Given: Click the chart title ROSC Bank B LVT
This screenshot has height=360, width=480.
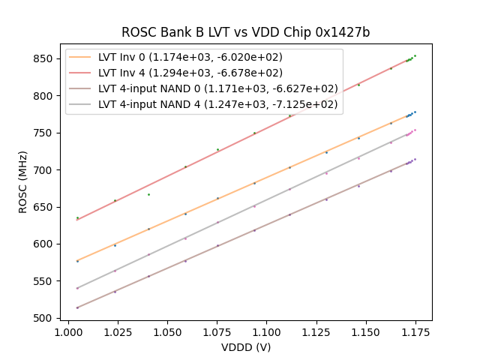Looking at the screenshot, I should (x=245, y=33).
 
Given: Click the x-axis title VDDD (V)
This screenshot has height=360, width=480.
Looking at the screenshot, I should (x=245, y=347).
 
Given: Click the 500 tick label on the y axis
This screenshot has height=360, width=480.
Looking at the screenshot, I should (x=46, y=318).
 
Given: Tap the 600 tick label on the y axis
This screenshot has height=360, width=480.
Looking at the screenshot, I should (x=46, y=244).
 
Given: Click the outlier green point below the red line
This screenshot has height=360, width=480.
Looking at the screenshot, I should (x=148, y=194).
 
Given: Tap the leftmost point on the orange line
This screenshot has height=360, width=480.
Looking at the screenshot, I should (x=77, y=261).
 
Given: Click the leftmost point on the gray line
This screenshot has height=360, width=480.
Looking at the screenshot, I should (x=77, y=288).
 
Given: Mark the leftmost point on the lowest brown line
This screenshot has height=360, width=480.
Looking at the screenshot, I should (x=77, y=307).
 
